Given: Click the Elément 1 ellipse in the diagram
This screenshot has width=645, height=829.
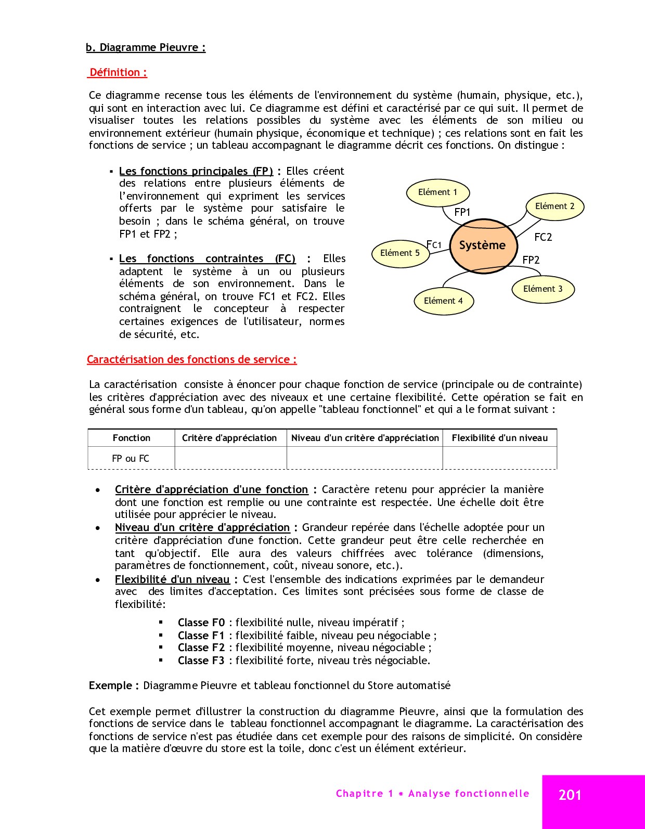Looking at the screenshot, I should tap(437, 192).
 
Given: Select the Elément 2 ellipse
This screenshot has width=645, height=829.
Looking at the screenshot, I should tap(555, 206).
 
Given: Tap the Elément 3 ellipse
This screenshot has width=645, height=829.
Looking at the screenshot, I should tap(543, 289).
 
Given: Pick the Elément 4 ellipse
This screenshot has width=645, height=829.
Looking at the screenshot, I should tap(443, 301).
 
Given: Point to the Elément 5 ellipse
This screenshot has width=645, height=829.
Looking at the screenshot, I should tap(400, 253).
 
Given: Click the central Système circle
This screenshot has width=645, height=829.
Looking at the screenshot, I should tap(483, 245).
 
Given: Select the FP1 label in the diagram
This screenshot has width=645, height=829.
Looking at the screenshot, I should tap(462, 212).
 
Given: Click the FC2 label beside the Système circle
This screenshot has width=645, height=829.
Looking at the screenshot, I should tap(543, 237).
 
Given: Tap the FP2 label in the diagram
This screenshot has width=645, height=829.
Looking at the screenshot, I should tap(531, 260).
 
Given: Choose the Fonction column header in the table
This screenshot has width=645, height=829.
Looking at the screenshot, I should tap(132, 438).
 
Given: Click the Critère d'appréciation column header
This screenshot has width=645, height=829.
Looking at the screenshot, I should tap(229, 438).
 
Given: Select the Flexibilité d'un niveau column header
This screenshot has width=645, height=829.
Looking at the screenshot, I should tap(500, 438).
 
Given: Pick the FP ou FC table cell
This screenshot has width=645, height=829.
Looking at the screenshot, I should tap(131, 458).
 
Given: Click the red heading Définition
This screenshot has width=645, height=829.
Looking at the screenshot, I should tap(118, 72).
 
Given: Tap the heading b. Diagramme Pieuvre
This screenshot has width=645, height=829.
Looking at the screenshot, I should tap(146, 47).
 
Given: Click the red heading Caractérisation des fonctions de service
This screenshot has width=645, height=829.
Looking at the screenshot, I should tap(191, 359).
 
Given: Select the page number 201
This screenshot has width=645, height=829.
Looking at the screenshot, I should tap(570, 795).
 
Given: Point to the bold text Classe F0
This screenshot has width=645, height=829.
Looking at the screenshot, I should tap(201, 623).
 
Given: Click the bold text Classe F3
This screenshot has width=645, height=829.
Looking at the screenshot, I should tap(201, 660).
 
